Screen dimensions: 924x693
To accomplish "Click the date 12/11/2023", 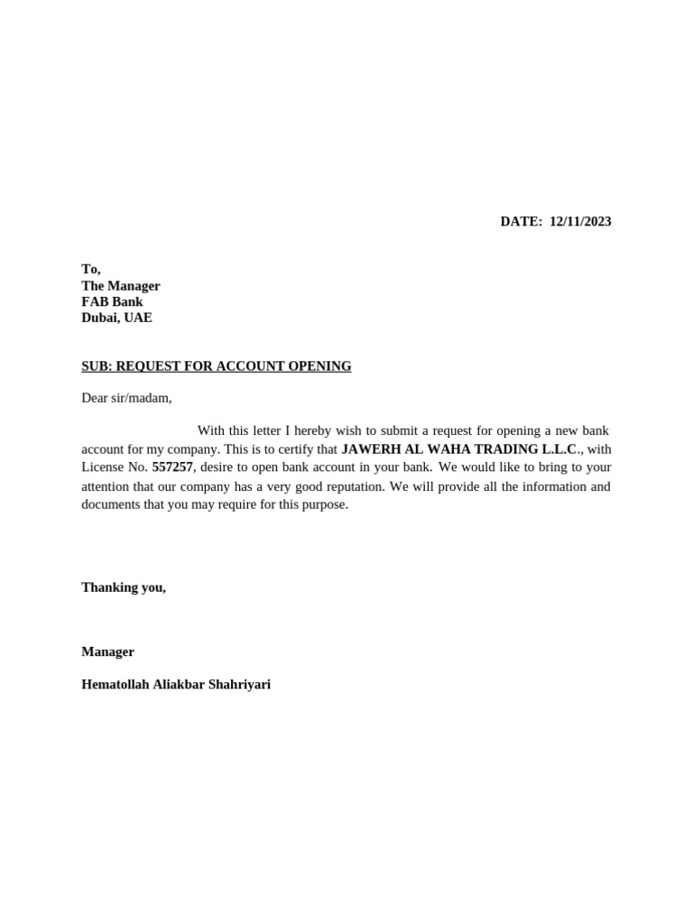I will [x=580, y=222].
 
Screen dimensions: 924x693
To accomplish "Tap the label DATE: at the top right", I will [x=522, y=222].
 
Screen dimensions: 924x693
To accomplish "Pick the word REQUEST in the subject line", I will [x=147, y=366].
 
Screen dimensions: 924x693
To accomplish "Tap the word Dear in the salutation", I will [x=95, y=398].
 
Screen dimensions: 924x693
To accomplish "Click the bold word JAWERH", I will [x=366, y=449].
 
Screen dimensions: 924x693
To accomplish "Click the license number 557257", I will [x=172, y=467].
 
